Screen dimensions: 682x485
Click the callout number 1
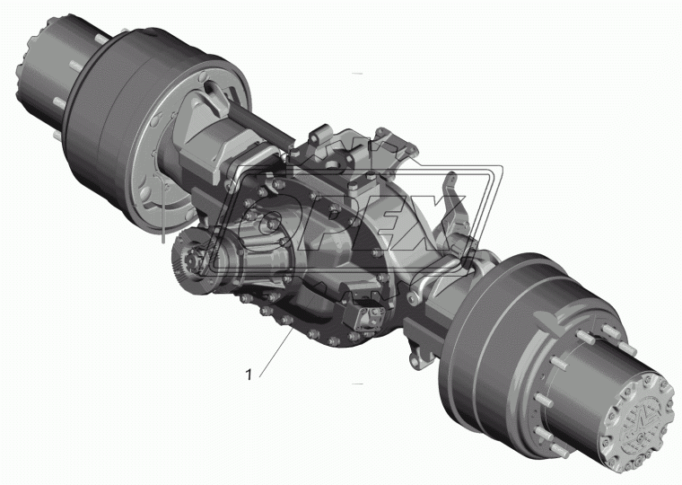pyautogui.click(x=249, y=375)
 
